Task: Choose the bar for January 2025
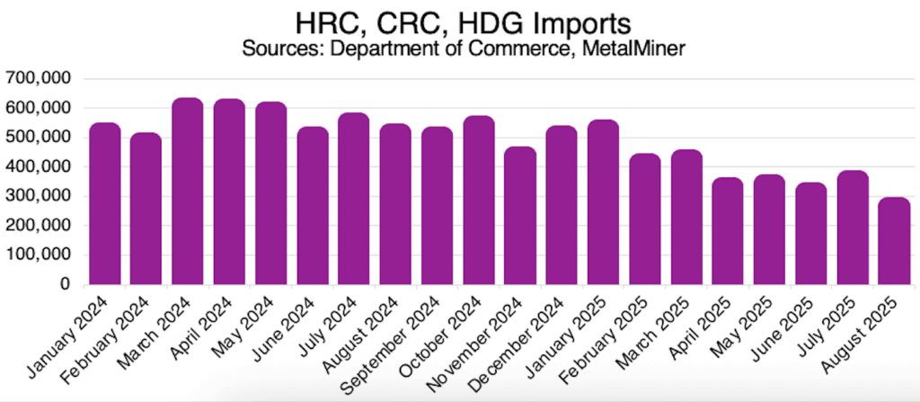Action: (x=603, y=201)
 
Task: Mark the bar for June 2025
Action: (x=811, y=233)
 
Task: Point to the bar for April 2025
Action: (x=728, y=231)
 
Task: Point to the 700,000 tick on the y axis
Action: (x=38, y=78)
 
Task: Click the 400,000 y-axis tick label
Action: (x=38, y=166)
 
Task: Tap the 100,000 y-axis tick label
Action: (x=38, y=255)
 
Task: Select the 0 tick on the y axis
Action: (x=65, y=284)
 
